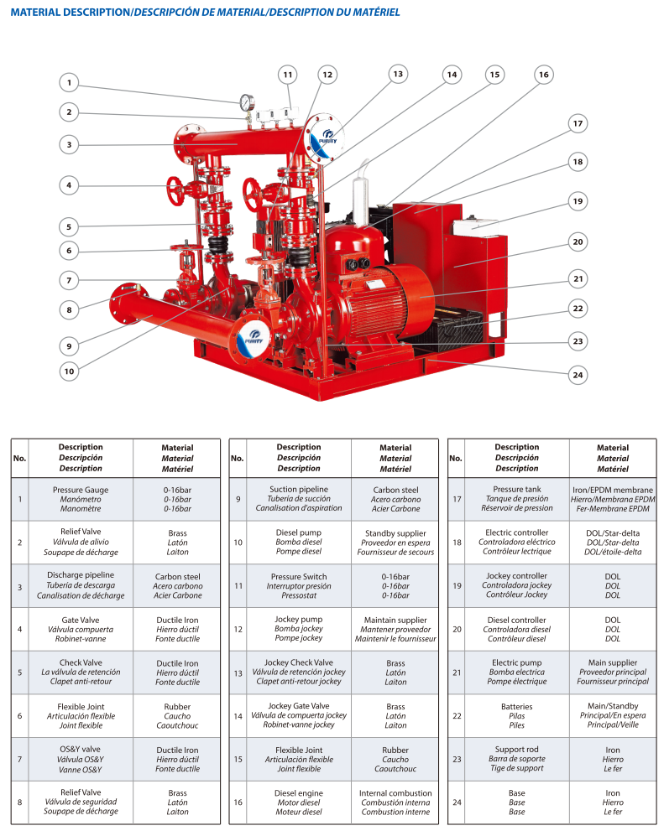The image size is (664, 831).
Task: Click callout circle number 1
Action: tap(69, 83)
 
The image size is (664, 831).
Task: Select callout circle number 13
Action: tap(398, 74)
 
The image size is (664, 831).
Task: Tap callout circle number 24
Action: tap(577, 375)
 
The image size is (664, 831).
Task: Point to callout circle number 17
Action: tap(577, 124)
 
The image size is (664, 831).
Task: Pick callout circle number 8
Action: tap(69, 309)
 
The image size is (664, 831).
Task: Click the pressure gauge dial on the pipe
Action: tap(245, 104)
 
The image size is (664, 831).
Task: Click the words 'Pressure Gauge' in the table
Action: tap(81, 491)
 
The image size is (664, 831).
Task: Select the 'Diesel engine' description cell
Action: tap(298, 802)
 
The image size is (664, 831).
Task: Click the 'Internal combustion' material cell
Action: tap(395, 802)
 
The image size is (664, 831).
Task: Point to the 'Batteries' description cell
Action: tap(516, 715)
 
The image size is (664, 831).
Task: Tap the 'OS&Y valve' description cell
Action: tap(81, 759)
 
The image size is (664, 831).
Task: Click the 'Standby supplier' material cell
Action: tap(395, 542)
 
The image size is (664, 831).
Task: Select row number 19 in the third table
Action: tap(456, 585)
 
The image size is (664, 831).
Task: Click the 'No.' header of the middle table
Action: tap(237, 458)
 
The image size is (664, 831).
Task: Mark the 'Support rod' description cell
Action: tap(516, 759)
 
